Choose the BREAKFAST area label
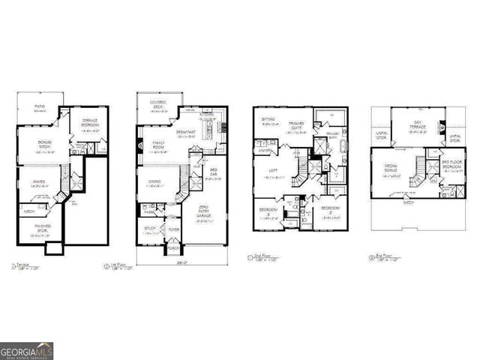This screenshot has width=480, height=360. [x=186, y=132]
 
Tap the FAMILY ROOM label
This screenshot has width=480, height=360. [x=160, y=143]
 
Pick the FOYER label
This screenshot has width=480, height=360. [x=173, y=230]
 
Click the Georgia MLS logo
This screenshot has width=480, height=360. [x=27, y=350]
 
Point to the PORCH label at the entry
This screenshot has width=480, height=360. [x=172, y=247]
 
